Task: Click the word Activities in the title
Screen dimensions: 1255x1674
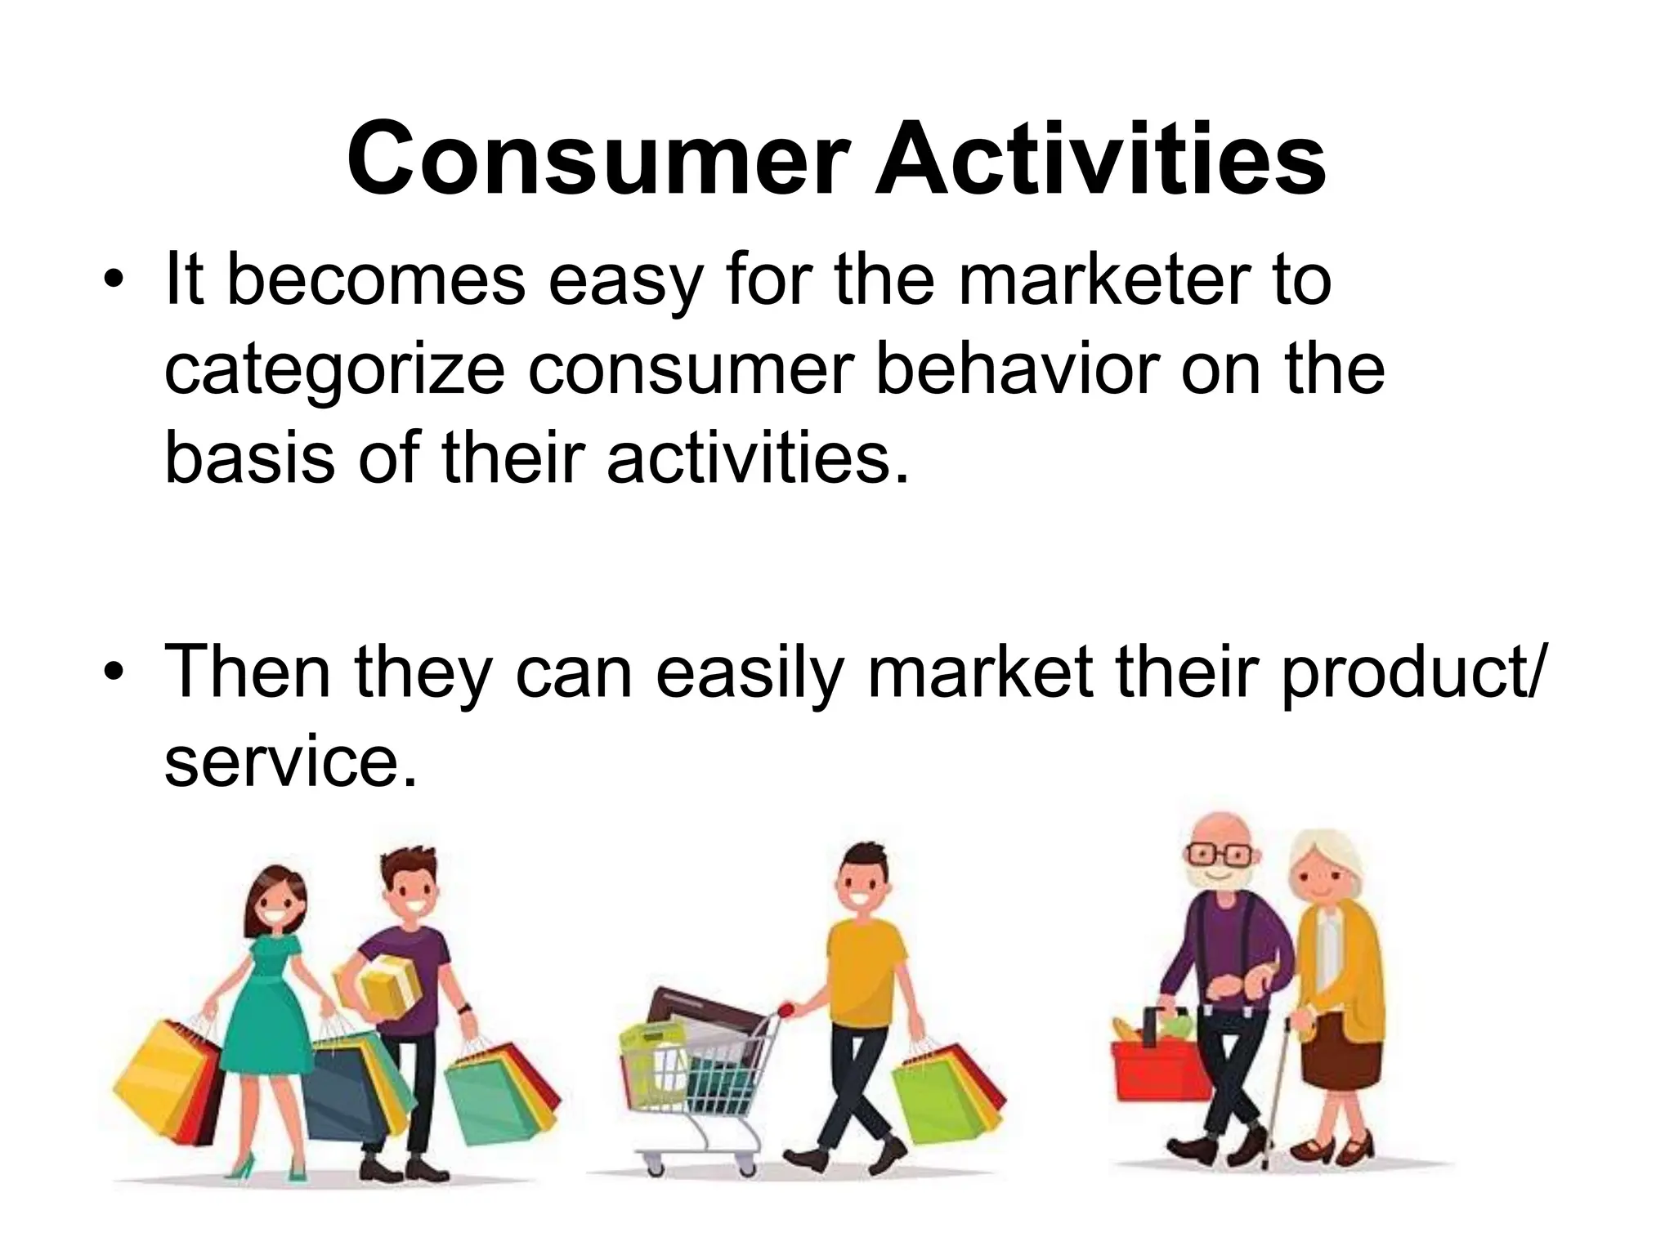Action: pyautogui.click(x=1099, y=159)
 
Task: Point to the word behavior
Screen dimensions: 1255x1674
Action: pyautogui.click(x=1017, y=369)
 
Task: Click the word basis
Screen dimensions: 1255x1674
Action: pyautogui.click(x=248, y=458)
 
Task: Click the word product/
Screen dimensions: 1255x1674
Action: pyautogui.click(x=1410, y=674)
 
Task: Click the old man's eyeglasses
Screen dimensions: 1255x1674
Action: pyautogui.click(x=1218, y=855)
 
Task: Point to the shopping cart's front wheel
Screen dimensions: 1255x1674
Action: pyautogui.click(x=654, y=1160)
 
